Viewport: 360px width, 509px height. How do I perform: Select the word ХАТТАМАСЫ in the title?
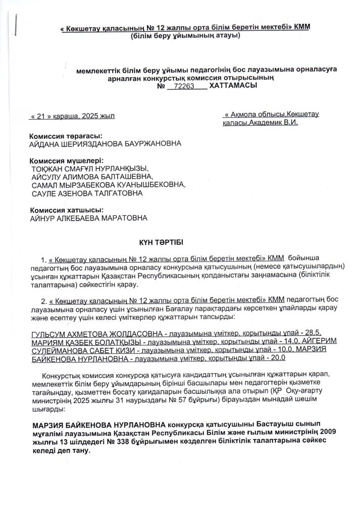233,86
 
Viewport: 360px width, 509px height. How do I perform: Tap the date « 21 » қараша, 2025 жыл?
72,116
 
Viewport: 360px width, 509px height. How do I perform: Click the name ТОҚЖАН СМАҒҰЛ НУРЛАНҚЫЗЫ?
91,169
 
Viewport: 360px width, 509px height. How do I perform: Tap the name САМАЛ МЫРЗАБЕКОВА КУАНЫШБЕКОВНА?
108,185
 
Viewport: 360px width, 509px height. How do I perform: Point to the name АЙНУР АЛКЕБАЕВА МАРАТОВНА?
89,218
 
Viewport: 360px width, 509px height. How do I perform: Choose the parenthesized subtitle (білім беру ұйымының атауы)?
184,36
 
